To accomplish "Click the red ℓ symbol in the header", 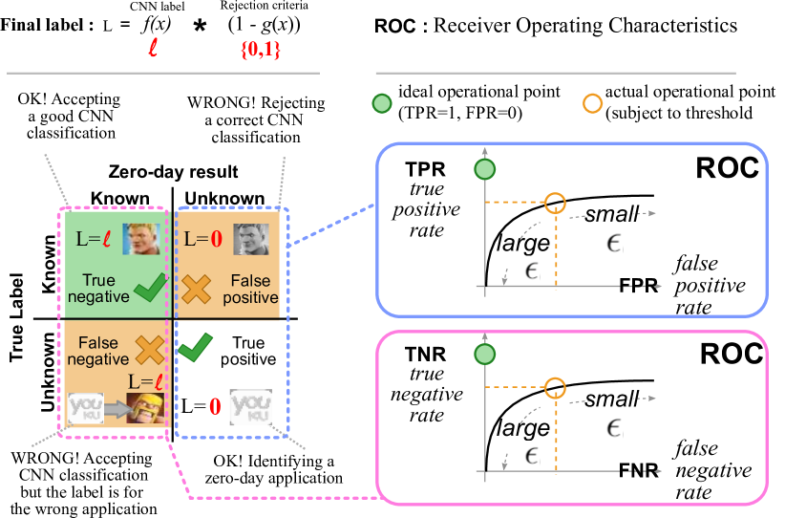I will (153, 48).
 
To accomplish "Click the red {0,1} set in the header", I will (260, 49).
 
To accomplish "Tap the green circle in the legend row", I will (382, 103).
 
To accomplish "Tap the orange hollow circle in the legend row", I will (593, 103).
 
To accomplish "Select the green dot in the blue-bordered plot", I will (485, 170).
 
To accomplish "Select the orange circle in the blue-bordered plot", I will (555, 203).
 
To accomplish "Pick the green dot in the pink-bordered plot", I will (485, 355).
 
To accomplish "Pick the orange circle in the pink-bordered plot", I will (555, 387).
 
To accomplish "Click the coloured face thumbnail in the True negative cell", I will (140, 238).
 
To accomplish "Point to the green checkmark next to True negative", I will (151, 287).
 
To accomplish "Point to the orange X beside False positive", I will (196, 289).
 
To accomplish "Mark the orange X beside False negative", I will (149, 350).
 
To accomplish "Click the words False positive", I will (250, 289).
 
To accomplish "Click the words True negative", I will (98, 289).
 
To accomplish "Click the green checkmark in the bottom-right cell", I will (196, 347).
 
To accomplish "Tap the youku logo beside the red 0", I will (251, 406).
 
